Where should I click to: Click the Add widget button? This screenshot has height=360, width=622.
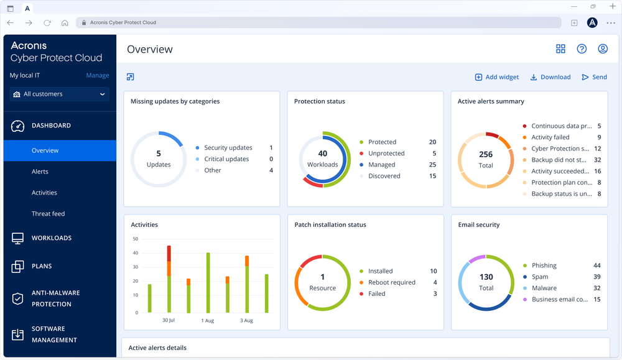[x=496, y=77]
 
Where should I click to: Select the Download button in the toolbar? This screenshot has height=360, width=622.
[x=550, y=77]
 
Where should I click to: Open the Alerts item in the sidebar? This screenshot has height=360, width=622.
[x=40, y=172]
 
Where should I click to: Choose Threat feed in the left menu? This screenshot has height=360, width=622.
[x=48, y=214]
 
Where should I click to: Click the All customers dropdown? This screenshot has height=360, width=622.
[x=60, y=95]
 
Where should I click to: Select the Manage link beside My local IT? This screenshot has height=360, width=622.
[x=97, y=75]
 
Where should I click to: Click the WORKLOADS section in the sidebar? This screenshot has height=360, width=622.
[x=51, y=238]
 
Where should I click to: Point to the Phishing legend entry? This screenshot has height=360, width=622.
[x=544, y=265]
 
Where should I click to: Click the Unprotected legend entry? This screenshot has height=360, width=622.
[x=386, y=154]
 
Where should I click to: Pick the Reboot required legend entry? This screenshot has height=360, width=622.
[x=391, y=282]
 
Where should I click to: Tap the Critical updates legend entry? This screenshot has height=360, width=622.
[x=226, y=159]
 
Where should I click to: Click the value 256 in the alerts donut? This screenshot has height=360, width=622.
[x=486, y=154]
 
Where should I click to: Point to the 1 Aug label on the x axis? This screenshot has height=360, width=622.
[x=207, y=321]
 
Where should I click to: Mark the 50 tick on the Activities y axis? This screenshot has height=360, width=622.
[x=135, y=239]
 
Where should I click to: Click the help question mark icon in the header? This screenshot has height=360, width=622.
[x=582, y=49]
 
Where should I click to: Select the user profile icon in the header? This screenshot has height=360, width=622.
[x=602, y=49]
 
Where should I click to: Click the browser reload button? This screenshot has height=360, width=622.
[x=47, y=23]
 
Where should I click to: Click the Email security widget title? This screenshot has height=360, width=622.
[x=478, y=225]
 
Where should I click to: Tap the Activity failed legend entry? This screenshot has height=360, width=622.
[x=550, y=137]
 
